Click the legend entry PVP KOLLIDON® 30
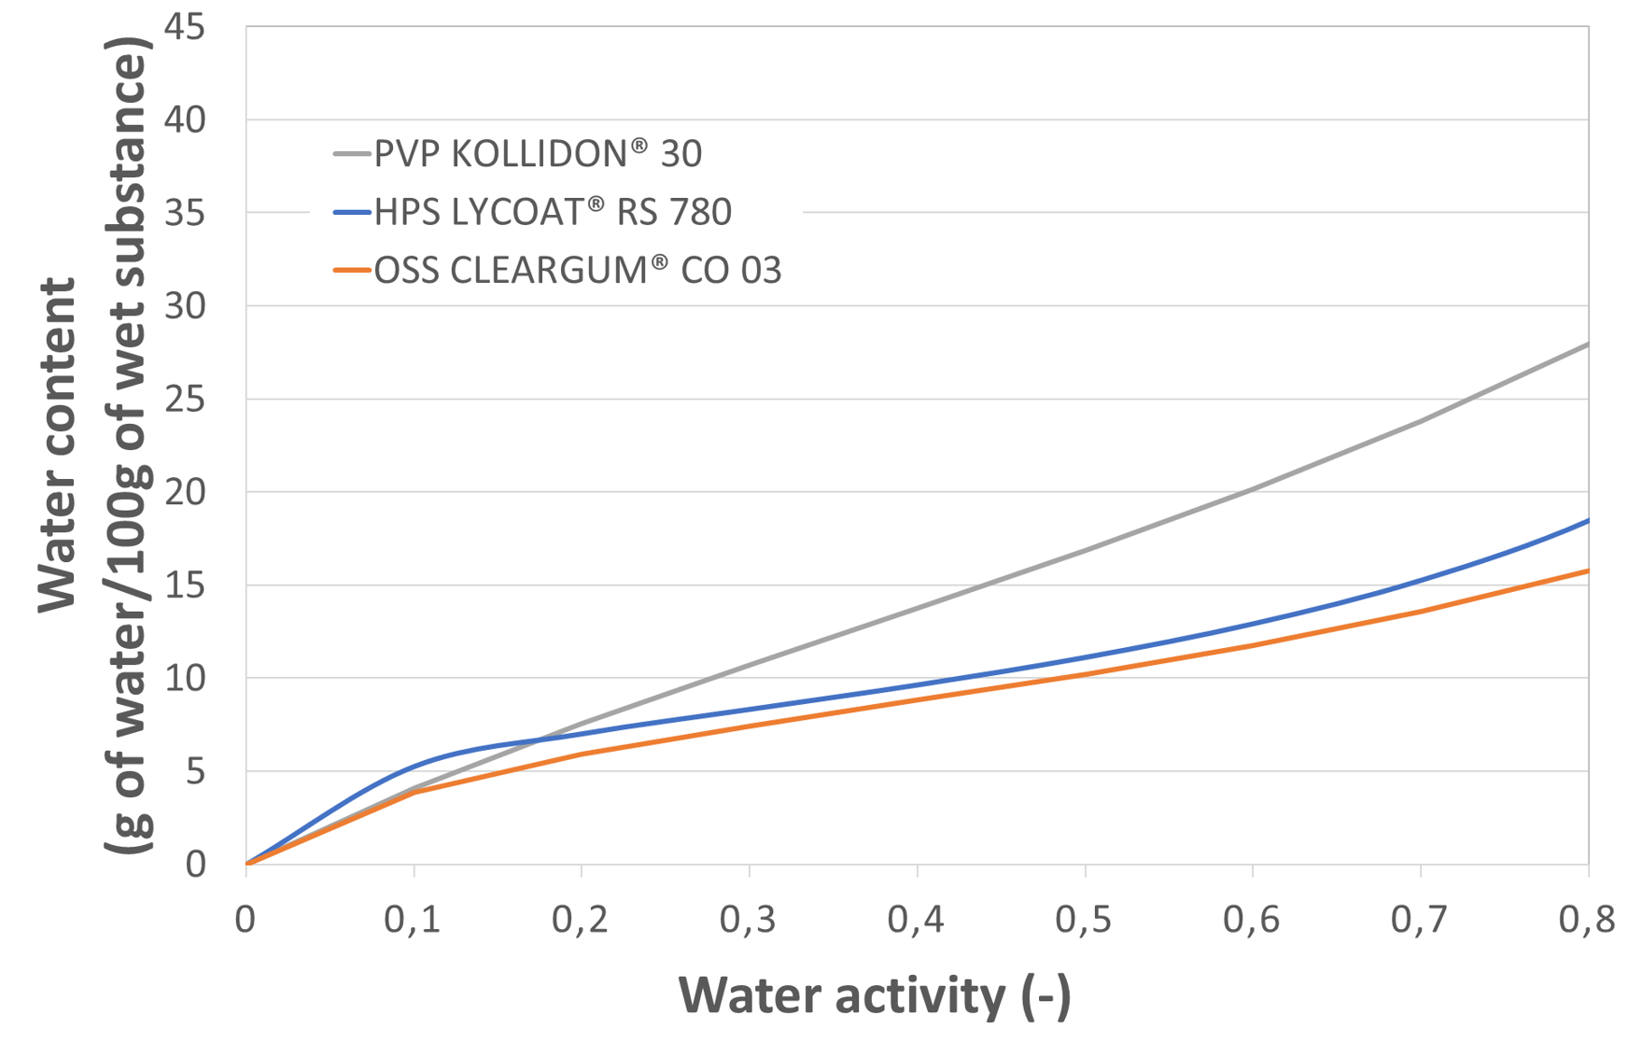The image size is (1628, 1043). coord(538,154)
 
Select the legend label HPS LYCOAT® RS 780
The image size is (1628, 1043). coord(553,213)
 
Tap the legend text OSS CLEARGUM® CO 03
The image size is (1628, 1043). coord(577,271)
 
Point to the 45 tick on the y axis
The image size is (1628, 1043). coord(184,28)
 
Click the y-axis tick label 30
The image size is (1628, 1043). coord(184,306)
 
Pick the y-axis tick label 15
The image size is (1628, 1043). coord(184,585)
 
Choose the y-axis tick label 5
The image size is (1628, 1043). coord(194,771)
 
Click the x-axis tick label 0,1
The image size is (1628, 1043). coord(414,921)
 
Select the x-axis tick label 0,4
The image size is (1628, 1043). coord(917,921)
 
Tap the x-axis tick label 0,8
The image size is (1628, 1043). coord(1587,921)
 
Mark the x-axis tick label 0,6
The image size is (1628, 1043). coord(1252,921)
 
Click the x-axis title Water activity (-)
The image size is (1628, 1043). coord(875,995)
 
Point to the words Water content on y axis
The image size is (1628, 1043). coord(58,445)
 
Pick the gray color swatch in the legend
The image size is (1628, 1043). coord(352,154)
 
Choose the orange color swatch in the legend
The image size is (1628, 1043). coord(352,271)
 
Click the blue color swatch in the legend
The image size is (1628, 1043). coord(352,213)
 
